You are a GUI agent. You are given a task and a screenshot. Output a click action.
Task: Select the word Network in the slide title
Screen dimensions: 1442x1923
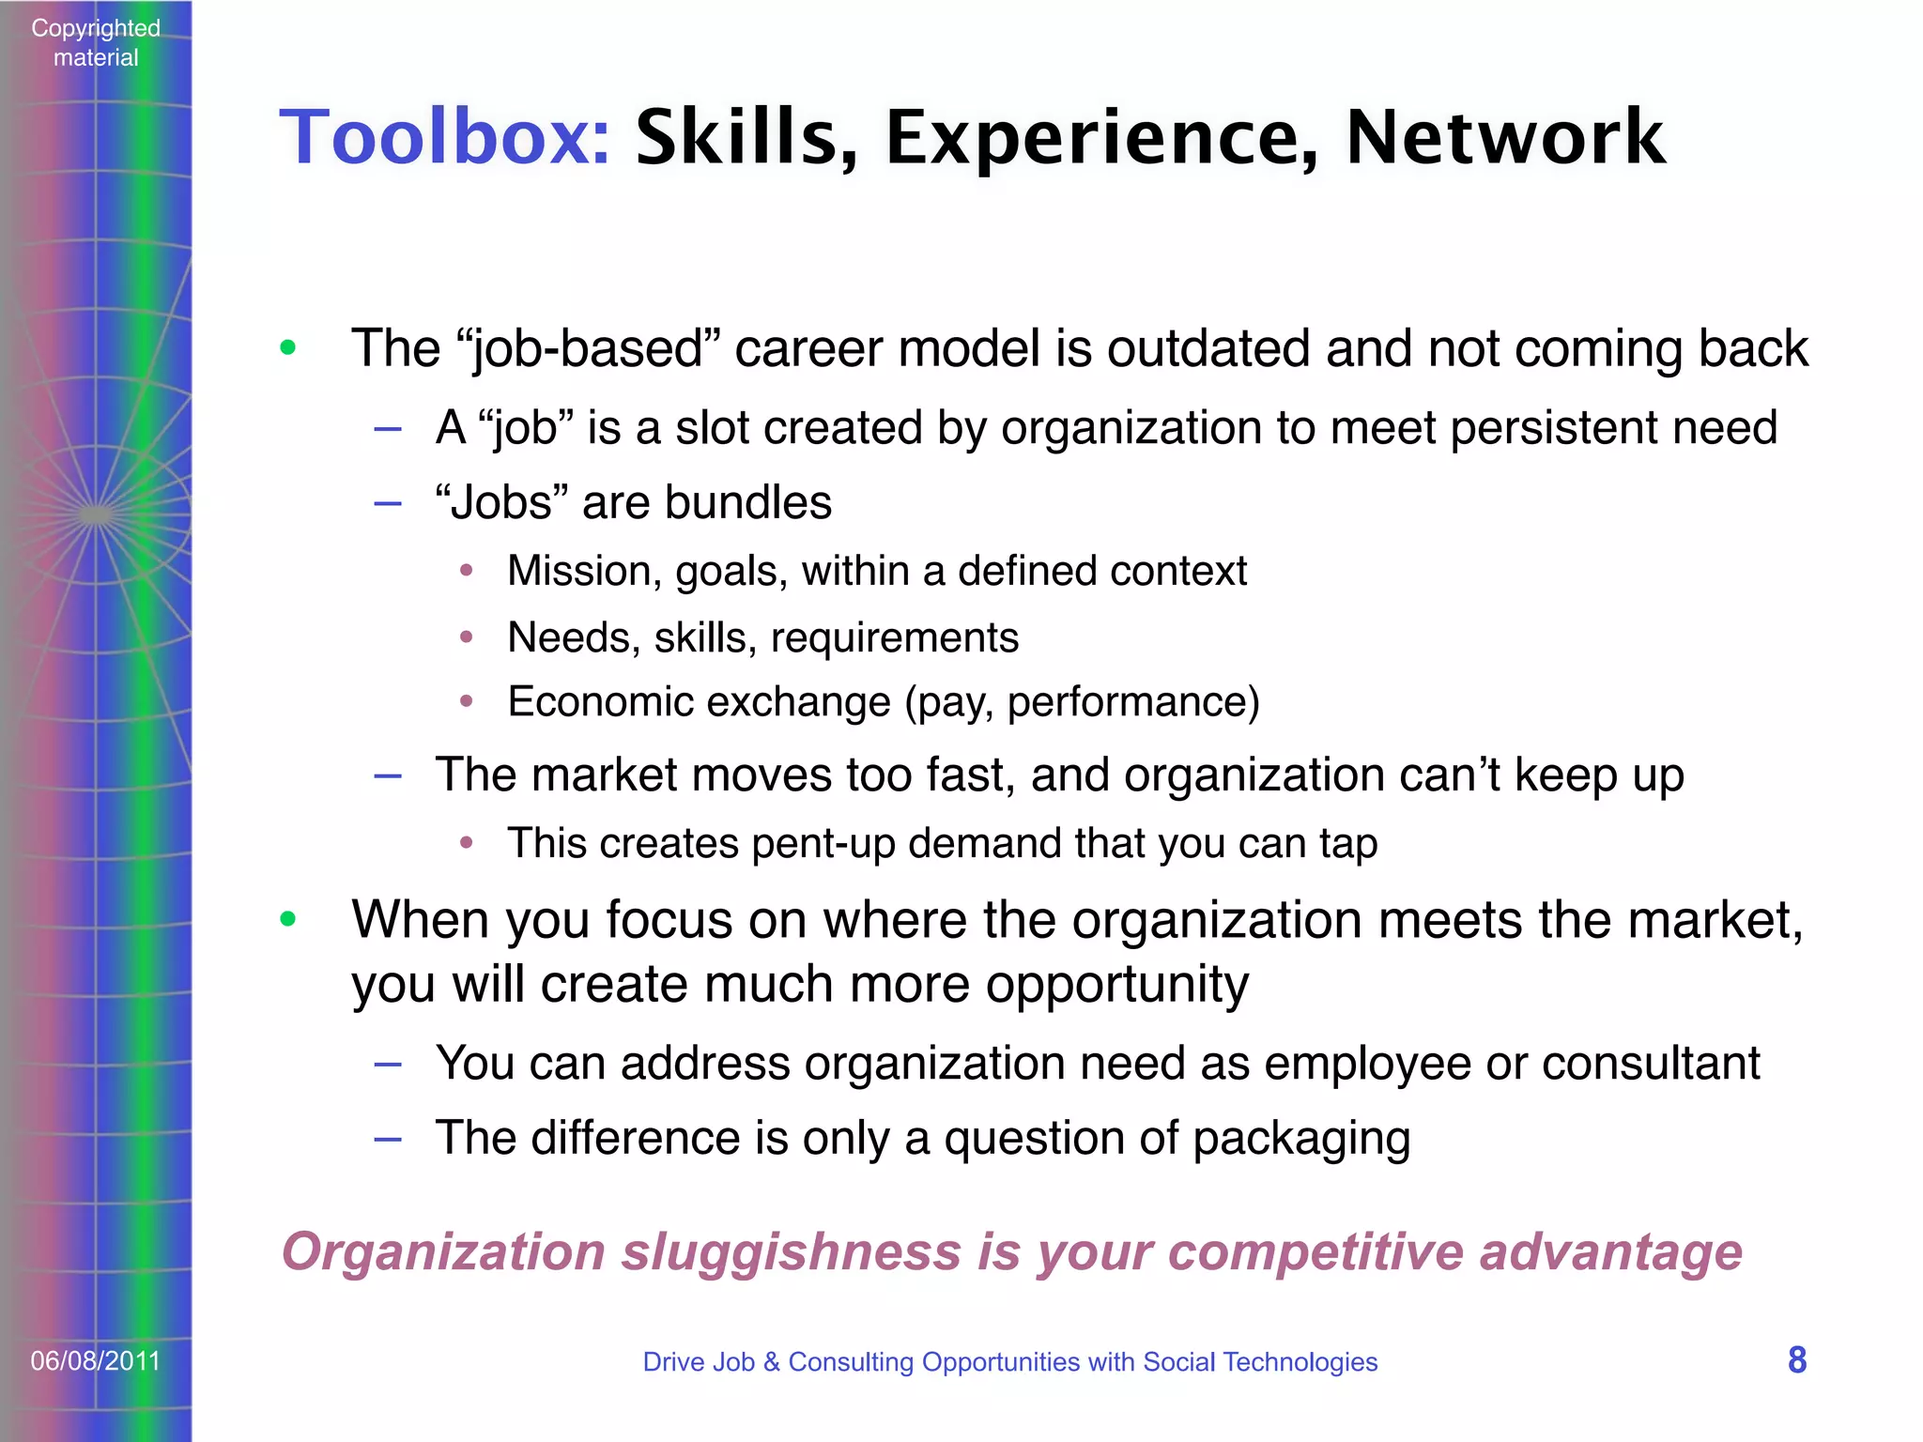click(x=1505, y=138)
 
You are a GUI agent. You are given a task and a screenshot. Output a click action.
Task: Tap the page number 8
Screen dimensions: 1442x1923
click(x=1797, y=1360)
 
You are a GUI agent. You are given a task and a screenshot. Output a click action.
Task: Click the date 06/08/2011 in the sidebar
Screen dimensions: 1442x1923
click(x=96, y=1360)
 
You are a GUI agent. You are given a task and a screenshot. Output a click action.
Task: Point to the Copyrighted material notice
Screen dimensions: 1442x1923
click(x=96, y=42)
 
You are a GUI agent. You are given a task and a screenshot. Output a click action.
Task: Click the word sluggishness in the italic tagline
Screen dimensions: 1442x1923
click(x=792, y=1253)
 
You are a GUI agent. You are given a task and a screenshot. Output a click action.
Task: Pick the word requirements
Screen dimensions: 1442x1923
click(x=894, y=638)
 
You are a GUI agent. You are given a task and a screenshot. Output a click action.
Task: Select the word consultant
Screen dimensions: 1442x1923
click(x=1651, y=1064)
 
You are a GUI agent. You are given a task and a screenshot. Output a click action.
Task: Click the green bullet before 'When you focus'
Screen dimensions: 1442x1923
click(x=288, y=918)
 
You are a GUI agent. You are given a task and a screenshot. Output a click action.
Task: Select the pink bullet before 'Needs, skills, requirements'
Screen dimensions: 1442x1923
click(x=467, y=637)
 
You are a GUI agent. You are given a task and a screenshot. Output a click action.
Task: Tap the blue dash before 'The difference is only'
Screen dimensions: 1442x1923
click(x=388, y=1139)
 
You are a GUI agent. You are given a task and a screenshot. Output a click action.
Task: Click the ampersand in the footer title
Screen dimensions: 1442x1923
click(x=772, y=1361)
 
